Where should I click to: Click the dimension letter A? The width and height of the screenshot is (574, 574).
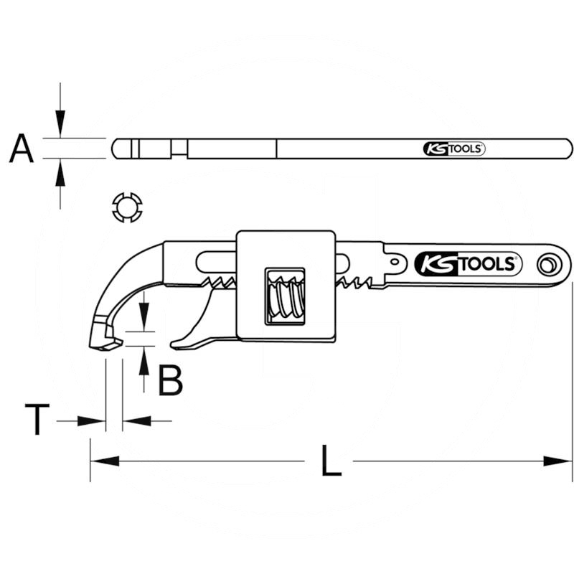(22, 149)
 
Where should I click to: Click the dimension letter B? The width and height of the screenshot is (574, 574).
(171, 381)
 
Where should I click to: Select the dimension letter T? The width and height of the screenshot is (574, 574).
(37, 420)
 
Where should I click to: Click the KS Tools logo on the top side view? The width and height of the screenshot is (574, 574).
(454, 149)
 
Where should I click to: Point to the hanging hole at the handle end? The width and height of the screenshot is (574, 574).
(550, 265)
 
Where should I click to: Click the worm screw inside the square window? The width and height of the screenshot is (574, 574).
(285, 293)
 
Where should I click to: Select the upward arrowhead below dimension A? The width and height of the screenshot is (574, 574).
(60, 171)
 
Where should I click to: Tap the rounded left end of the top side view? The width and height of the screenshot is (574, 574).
(116, 149)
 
